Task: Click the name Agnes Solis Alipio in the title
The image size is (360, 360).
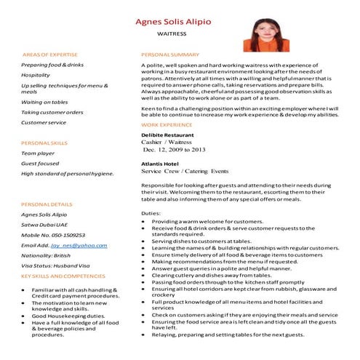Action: click(x=179, y=20)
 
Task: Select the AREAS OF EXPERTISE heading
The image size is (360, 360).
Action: click(x=51, y=55)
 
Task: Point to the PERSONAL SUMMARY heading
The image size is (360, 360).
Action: click(x=169, y=55)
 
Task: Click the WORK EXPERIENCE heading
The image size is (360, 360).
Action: click(x=167, y=125)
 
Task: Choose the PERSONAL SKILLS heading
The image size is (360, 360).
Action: click(x=44, y=143)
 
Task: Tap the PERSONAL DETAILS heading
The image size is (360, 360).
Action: click(x=47, y=204)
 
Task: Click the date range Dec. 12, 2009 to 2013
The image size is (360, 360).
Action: click(x=174, y=150)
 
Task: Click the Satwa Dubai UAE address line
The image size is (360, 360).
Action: click(x=46, y=225)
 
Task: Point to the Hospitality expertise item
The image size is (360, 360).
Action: click(x=36, y=75)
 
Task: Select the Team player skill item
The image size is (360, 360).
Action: click(x=38, y=153)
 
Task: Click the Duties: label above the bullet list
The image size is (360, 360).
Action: click(x=151, y=213)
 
